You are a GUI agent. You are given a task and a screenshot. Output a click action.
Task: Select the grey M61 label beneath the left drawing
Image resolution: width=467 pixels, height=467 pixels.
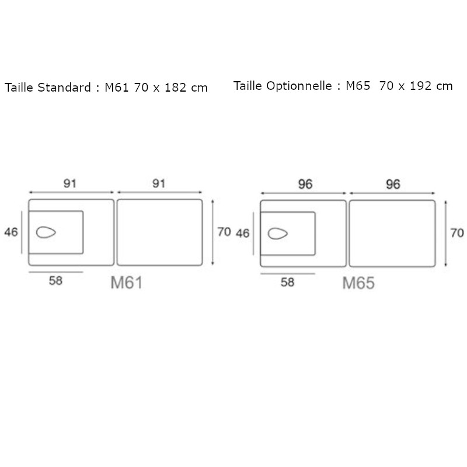(x=127, y=284)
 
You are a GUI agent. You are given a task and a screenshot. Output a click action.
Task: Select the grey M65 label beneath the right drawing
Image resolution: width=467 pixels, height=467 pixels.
(x=358, y=284)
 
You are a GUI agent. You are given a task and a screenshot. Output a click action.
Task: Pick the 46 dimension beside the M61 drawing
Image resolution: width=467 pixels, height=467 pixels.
(x=11, y=232)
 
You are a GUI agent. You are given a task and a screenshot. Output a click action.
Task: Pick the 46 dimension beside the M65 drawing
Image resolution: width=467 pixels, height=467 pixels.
(x=243, y=233)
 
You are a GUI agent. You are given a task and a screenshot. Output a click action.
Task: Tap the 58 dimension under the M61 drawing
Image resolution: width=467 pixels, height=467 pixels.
(x=55, y=281)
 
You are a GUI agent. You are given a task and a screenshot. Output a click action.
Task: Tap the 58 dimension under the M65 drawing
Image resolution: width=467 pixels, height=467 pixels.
(x=287, y=283)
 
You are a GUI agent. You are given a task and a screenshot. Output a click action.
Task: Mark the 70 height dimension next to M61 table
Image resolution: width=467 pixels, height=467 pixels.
(x=224, y=232)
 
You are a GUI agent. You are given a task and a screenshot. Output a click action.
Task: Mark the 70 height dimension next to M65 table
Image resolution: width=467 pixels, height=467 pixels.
(x=457, y=233)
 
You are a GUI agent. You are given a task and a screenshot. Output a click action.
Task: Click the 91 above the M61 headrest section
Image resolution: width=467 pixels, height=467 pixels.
(x=71, y=183)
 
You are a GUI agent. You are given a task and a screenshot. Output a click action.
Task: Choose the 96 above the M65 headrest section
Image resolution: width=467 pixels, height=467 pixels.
(x=305, y=184)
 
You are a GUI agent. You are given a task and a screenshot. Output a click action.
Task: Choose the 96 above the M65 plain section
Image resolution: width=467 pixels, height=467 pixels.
(x=392, y=184)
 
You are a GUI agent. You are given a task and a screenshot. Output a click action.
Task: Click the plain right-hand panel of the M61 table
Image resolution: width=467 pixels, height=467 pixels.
(x=159, y=232)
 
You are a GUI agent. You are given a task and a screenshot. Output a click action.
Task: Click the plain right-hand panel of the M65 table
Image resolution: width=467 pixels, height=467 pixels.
(x=391, y=233)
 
